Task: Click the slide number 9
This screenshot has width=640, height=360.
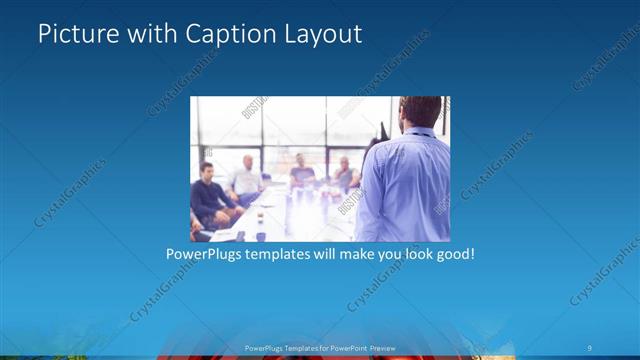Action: (590, 347)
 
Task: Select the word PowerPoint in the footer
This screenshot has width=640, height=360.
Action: (345, 347)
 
